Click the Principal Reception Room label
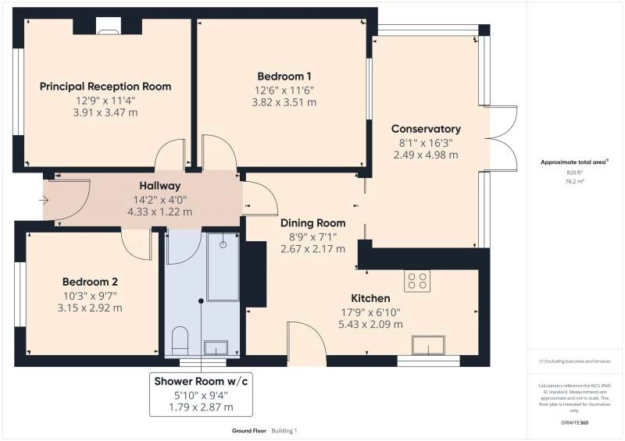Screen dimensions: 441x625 coord(105,86)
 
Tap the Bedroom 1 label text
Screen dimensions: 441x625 coord(284,76)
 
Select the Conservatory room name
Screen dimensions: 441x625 coord(426,129)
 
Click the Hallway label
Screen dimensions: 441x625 coord(159,186)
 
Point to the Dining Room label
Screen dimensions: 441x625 coord(312,222)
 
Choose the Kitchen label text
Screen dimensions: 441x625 coord(370,298)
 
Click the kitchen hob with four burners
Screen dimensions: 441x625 coord(416,280)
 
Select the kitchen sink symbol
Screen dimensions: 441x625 coord(429,344)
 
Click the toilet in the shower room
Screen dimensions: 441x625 coord(180,339)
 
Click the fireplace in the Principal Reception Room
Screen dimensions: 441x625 coord(106,27)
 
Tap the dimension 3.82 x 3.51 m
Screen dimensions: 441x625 coord(284,101)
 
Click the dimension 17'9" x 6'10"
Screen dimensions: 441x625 coord(370,311)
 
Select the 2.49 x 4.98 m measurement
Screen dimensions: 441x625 coord(426,155)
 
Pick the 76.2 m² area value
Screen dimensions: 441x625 coord(574,180)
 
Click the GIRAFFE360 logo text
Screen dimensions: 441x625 coord(574,422)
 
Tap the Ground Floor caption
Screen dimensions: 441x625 coord(248,431)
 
